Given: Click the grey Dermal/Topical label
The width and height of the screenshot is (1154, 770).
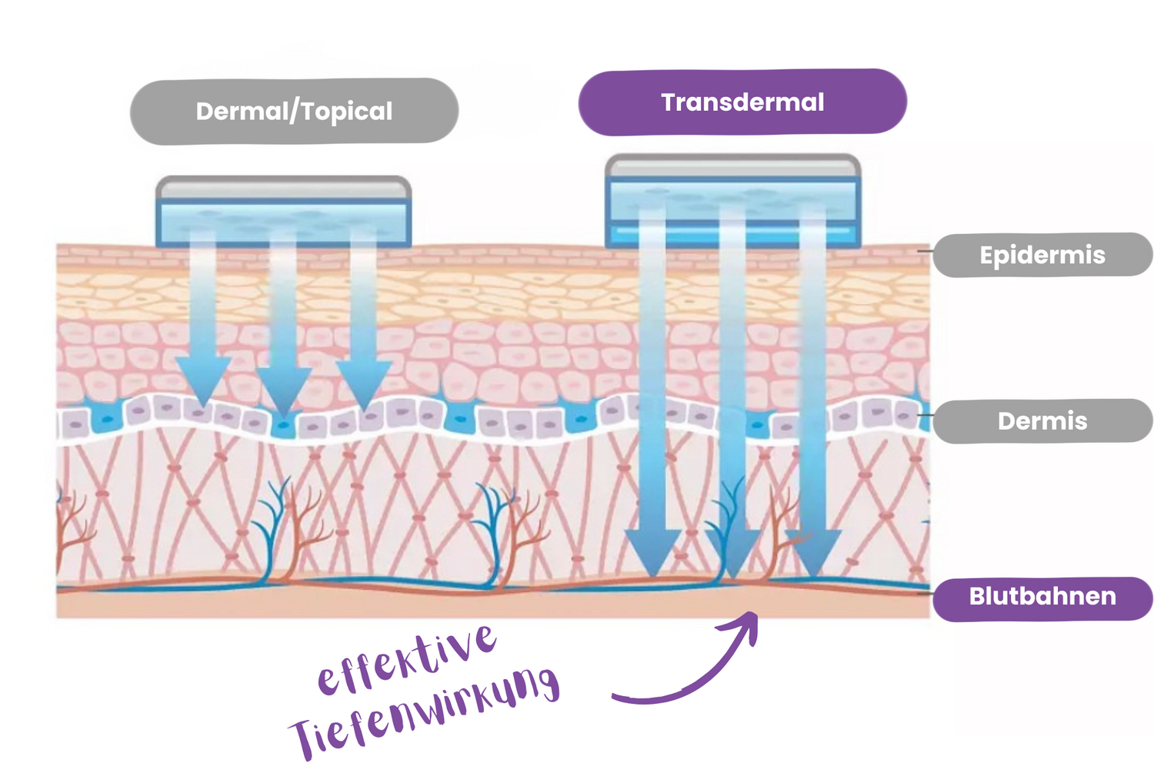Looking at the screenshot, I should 294,111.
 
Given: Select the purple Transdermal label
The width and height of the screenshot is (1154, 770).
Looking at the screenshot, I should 742,102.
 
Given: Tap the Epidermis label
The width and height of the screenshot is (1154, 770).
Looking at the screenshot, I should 1042,255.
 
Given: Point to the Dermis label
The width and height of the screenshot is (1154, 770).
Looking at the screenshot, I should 1042,421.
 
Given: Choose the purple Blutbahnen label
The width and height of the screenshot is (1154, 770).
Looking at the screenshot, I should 1042,597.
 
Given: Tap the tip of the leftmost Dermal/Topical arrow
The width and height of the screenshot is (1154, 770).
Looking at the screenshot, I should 203,405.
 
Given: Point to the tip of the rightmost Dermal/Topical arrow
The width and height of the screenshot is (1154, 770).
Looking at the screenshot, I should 364,408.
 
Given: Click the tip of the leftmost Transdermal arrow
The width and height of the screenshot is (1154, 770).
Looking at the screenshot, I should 652,575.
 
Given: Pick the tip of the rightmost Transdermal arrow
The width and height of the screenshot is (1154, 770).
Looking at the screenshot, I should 813,576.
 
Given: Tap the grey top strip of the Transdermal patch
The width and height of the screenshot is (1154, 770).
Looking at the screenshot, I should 732,167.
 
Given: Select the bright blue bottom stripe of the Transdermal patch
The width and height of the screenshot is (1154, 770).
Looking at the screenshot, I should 732,231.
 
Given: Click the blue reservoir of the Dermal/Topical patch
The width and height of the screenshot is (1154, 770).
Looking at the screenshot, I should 283,221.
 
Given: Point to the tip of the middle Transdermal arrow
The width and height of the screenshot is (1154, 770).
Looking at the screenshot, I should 732,577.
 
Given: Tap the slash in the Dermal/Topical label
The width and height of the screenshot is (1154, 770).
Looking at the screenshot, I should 293,112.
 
